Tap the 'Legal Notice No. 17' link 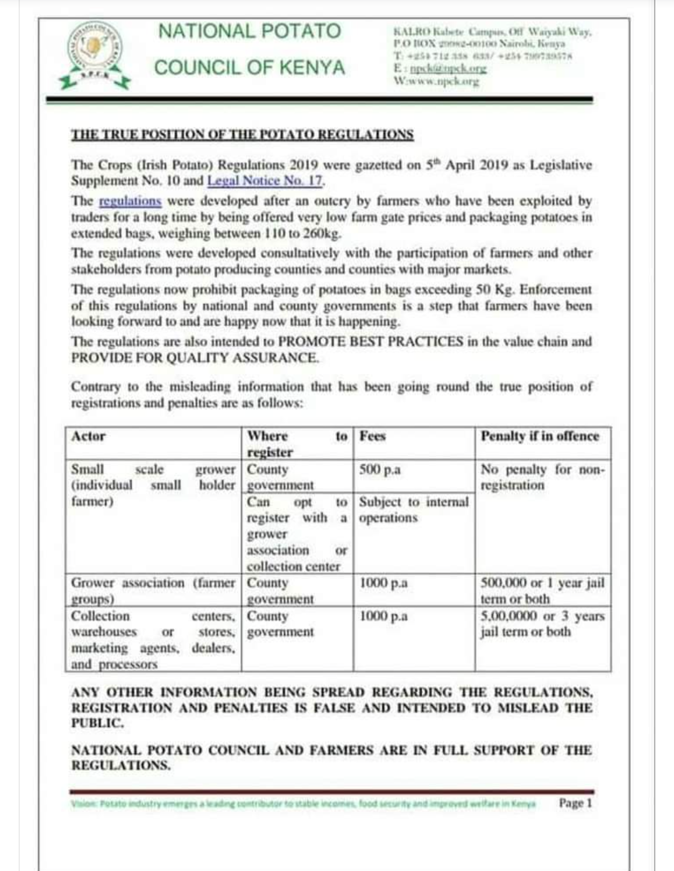pos(265,181)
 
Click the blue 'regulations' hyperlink pos(130,201)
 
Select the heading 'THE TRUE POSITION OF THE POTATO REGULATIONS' pos(242,135)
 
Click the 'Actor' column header pos(89,436)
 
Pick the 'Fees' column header pos(373,436)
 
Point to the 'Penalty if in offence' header pos(540,436)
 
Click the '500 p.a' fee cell pos(380,469)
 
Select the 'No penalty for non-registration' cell pos(542,477)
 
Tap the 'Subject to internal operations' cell pos(413,510)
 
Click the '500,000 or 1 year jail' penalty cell pos(542,590)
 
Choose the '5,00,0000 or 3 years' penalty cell pos(542,624)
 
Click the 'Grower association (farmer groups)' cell pos(153,590)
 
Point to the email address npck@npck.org pos(447,69)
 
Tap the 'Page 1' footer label pos(575,803)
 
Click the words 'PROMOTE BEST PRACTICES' pos(371,341)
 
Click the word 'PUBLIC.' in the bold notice pos(97,723)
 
